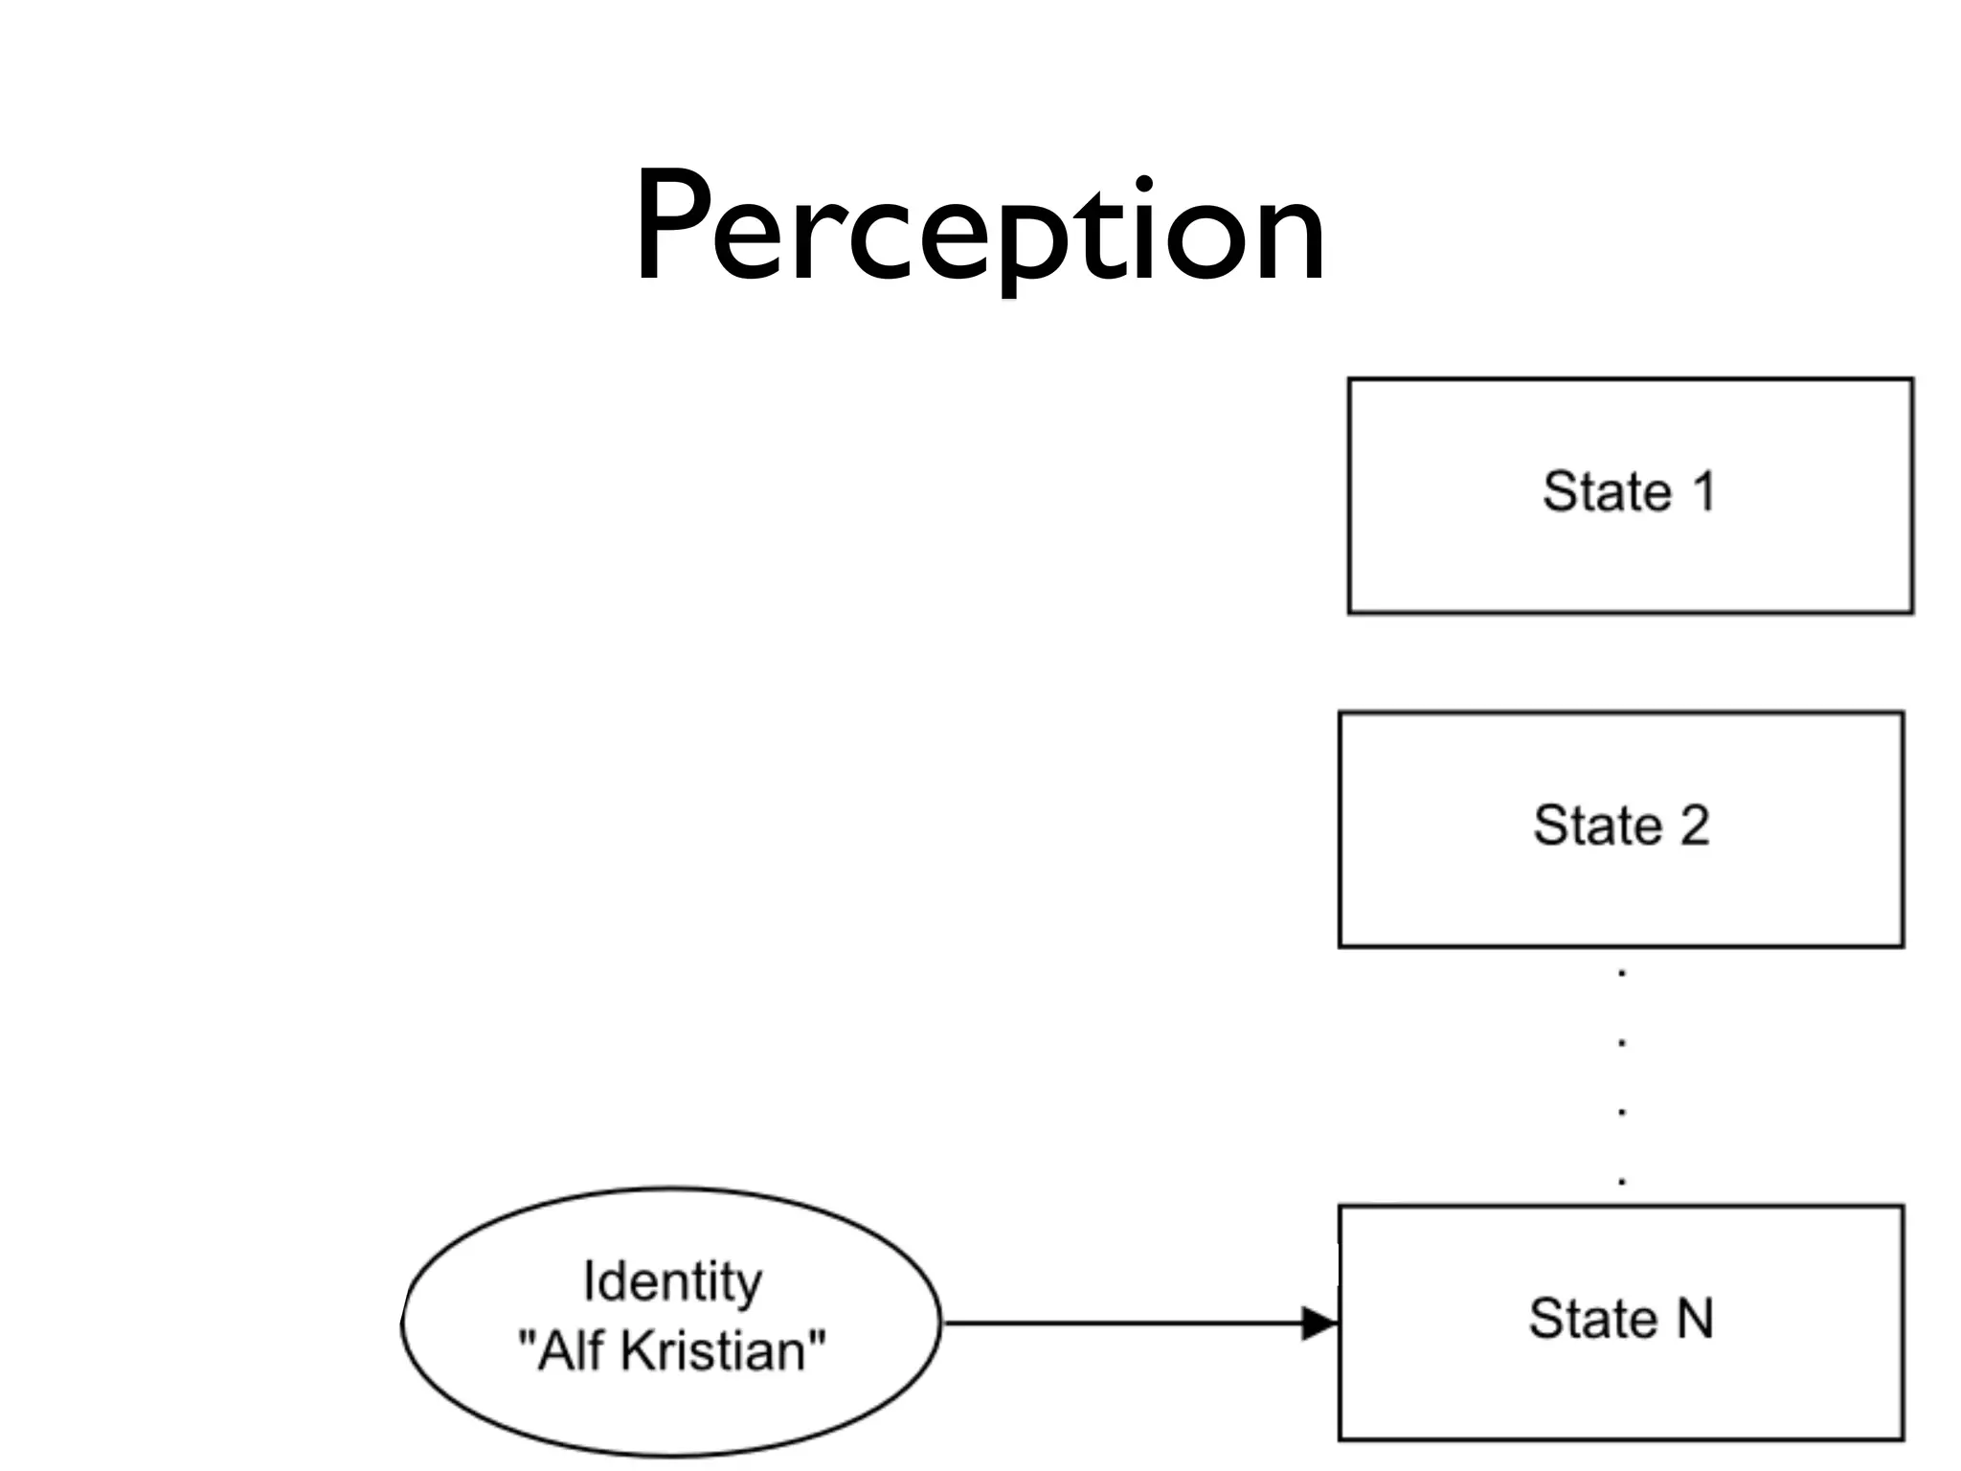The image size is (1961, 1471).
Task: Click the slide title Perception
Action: pos(979,230)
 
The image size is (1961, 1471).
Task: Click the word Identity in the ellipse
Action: pos(672,1281)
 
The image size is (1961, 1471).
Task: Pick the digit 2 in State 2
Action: pos(1694,826)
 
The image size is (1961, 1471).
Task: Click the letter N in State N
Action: pos(1694,1318)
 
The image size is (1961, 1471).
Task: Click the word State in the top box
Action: pos(1607,492)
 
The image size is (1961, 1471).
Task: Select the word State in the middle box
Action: pos(1597,826)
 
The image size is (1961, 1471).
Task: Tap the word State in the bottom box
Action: pos(1592,1318)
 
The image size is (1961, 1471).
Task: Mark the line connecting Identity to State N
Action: pos(1120,1324)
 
